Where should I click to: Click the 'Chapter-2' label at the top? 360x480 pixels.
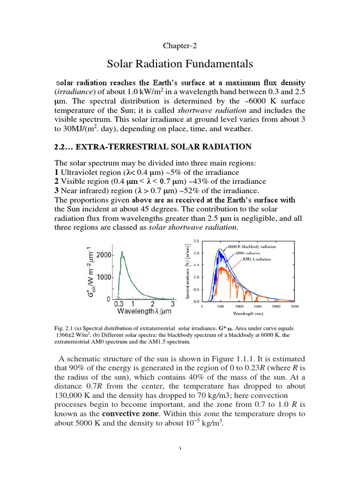(x=180, y=45)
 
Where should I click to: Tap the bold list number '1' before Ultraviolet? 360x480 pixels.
(x=57, y=173)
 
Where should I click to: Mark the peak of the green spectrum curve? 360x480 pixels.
(x=122, y=252)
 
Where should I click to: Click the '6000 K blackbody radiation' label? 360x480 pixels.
(x=252, y=247)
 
